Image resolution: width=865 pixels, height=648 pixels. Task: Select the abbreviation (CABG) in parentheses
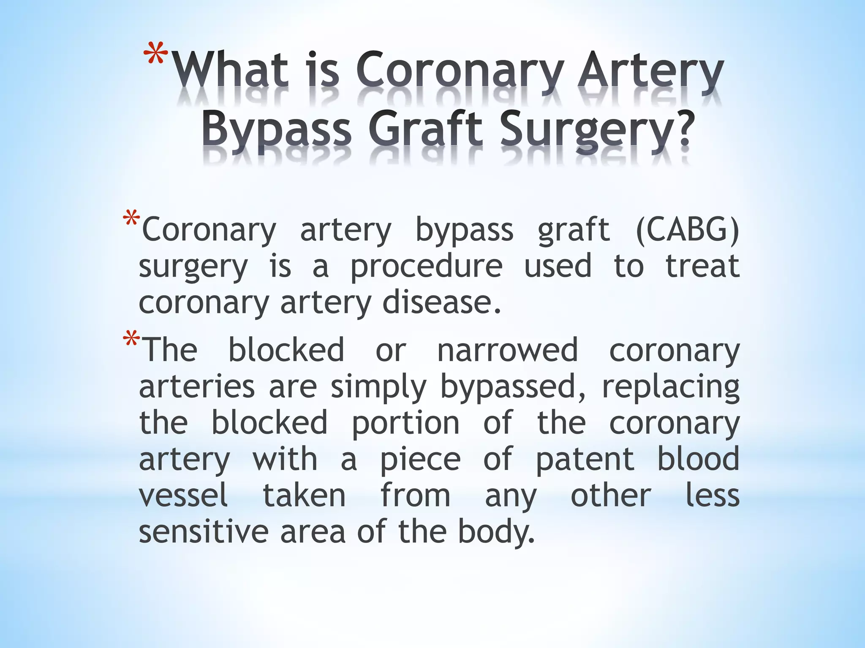[x=687, y=230]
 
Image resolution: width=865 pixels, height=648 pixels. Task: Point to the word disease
[x=441, y=303]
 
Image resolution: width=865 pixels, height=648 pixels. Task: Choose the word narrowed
[x=507, y=350]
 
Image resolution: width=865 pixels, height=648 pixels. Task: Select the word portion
[x=405, y=424]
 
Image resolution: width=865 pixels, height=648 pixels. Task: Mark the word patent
[x=585, y=460]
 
